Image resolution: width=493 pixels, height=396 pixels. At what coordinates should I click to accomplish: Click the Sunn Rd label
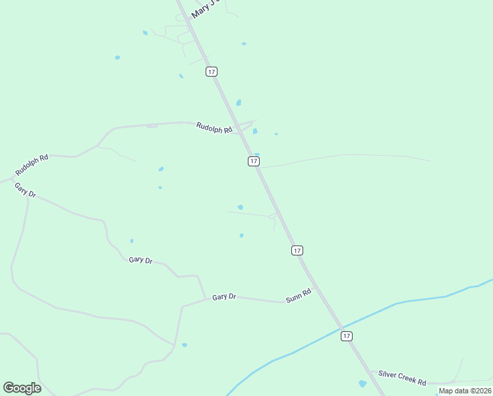click(x=298, y=296)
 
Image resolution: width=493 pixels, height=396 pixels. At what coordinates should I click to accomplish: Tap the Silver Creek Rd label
click(x=402, y=378)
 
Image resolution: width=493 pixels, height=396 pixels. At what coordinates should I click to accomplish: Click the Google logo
click(x=22, y=388)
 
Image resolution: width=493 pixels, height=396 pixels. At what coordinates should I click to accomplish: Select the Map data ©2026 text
click(x=465, y=391)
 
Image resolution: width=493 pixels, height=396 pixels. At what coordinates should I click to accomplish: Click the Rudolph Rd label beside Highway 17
click(x=214, y=127)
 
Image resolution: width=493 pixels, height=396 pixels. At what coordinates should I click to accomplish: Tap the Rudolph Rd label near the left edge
click(x=32, y=165)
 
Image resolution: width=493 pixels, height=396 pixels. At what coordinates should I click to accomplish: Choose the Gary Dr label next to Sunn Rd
click(x=224, y=297)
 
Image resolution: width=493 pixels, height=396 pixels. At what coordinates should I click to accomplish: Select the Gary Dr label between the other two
click(x=140, y=260)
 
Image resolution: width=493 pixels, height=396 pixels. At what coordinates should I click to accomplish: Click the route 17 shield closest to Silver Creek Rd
click(x=347, y=336)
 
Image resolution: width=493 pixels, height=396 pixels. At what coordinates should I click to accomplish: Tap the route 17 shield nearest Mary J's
click(x=211, y=71)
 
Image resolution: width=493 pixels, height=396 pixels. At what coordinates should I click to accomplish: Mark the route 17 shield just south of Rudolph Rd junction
click(x=254, y=161)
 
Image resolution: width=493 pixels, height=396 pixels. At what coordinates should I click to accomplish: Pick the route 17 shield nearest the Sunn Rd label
click(x=297, y=250)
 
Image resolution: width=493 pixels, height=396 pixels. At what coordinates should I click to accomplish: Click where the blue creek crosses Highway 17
click(x=342, y=327)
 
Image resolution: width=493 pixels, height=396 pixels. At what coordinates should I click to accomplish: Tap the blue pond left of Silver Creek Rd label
click(x=362, y=383)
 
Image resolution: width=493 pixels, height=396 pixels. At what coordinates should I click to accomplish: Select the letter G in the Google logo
click(x=9, y=387)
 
